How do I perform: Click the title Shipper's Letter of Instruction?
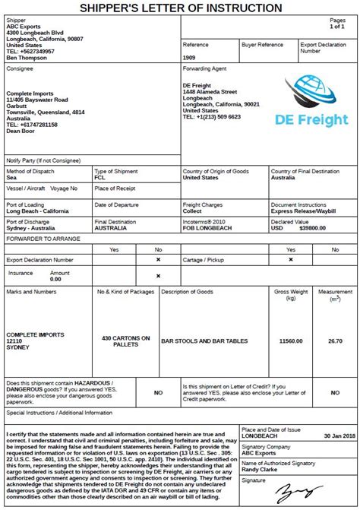click(x=180, y=8)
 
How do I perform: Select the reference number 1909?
click(x=190, y=58)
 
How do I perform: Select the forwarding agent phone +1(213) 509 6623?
click(x=212, y=117)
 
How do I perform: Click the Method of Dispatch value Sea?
click(x=11, y=177)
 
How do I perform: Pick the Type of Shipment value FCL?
click(x=100, y=177)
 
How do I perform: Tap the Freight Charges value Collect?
click(x=193, y=211)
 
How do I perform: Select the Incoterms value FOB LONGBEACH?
click(x=207, y=228)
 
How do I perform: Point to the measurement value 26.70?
click(x=335, y=341)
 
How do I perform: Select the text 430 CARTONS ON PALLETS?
click(x=125, y=341)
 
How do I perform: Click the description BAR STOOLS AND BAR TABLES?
click(x=200, y=341)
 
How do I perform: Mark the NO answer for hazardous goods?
click(x=158, y=393)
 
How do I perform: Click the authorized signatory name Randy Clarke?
click(x=260, y=468)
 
